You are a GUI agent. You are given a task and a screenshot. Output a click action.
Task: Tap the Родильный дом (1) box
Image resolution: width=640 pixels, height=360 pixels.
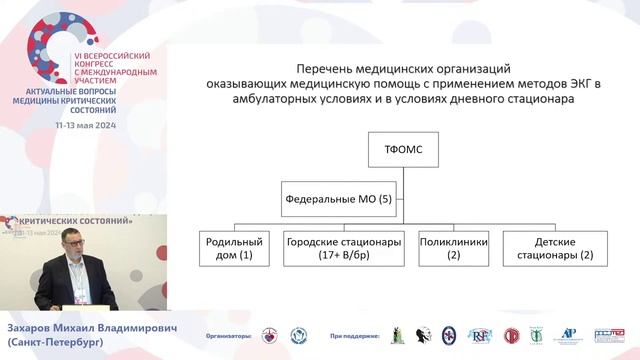pyautogui.click(x=234, y=248)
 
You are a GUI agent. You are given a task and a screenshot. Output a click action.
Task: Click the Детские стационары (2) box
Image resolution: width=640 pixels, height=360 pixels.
pyautogui.click(x=553, y=248)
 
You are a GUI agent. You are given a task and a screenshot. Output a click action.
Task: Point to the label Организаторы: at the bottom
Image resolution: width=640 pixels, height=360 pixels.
pyautogui.click(x=226, y=336)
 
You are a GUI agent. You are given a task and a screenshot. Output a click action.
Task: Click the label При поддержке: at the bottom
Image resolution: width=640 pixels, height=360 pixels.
pyautogui.click(x=351, y=336)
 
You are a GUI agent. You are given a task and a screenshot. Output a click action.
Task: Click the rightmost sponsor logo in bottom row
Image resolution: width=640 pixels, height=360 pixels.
pyautogui.click(x=608, y=336)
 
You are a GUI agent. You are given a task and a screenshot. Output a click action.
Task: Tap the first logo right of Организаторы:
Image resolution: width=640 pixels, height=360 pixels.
pyautogui.click(x=270, y=336)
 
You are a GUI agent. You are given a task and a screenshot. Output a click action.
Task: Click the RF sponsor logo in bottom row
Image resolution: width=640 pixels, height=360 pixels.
pyautogui.click(x=479, y=336)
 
